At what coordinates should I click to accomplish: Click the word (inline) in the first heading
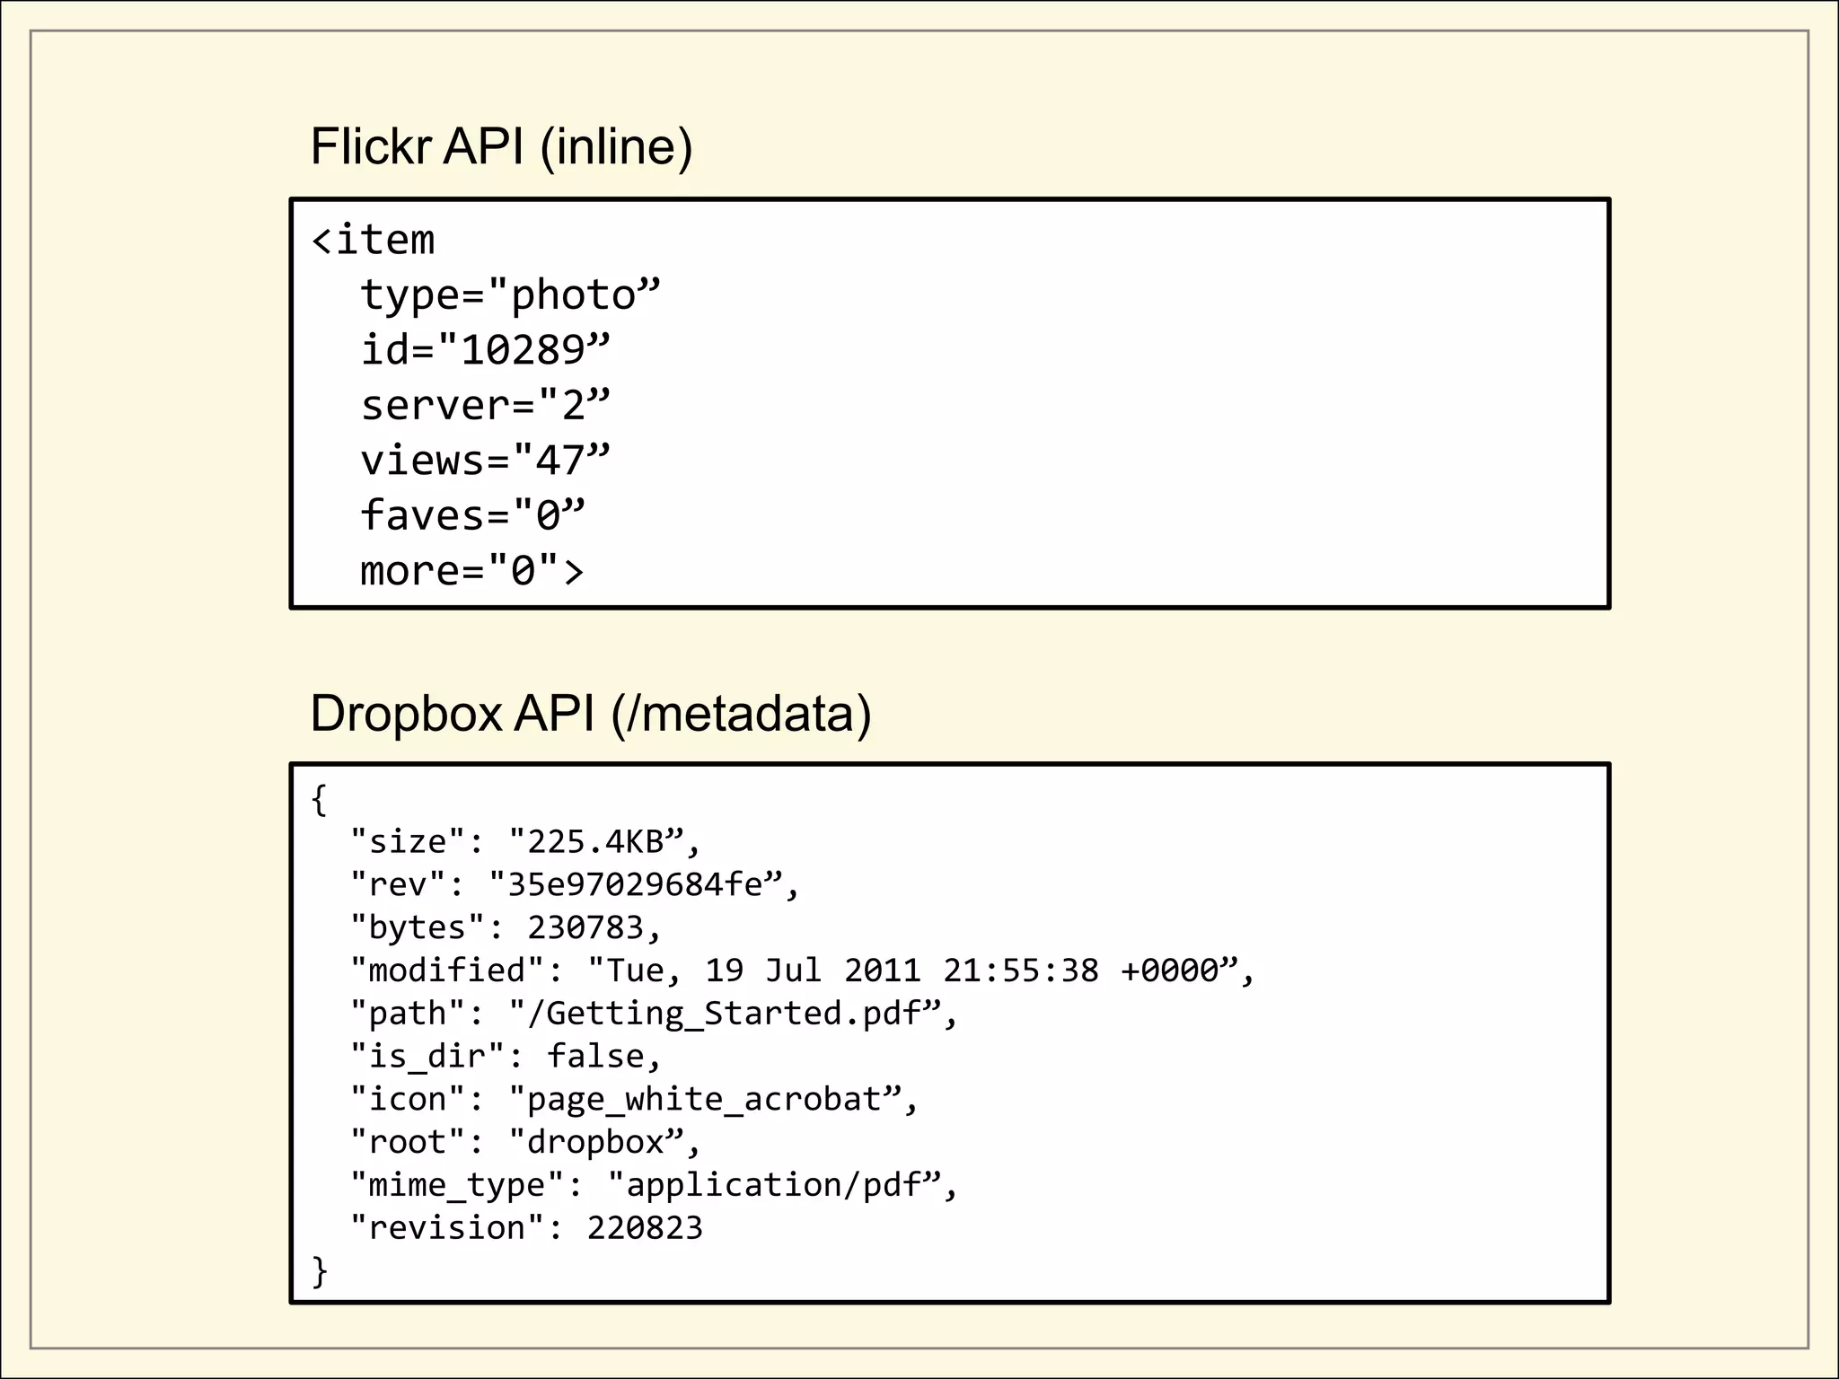[x=616, y=146]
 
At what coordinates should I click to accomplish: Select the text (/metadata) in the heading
[x=741, y=714]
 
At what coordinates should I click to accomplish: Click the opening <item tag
[x=373, y=241]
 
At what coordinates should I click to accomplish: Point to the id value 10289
[x=523, y=350]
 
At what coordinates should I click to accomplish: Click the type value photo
[x=573, y=295]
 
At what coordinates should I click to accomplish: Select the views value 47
[x=560, y=461]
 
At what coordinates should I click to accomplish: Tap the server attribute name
[x=436, y=406]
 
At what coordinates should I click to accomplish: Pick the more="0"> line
[x=471, y=571]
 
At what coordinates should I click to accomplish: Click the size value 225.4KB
[x=595, y=842]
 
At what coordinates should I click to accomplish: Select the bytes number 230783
[x=585, y=927]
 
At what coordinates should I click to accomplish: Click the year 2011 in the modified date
[x=883, y=971]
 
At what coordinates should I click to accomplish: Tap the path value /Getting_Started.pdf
[x=725, y=1014]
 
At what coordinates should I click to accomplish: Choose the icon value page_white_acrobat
[x=704, y=1100]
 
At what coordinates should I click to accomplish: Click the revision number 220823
[x=645, y=1228]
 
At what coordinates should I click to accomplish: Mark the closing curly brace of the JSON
[x=320, y=1271]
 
